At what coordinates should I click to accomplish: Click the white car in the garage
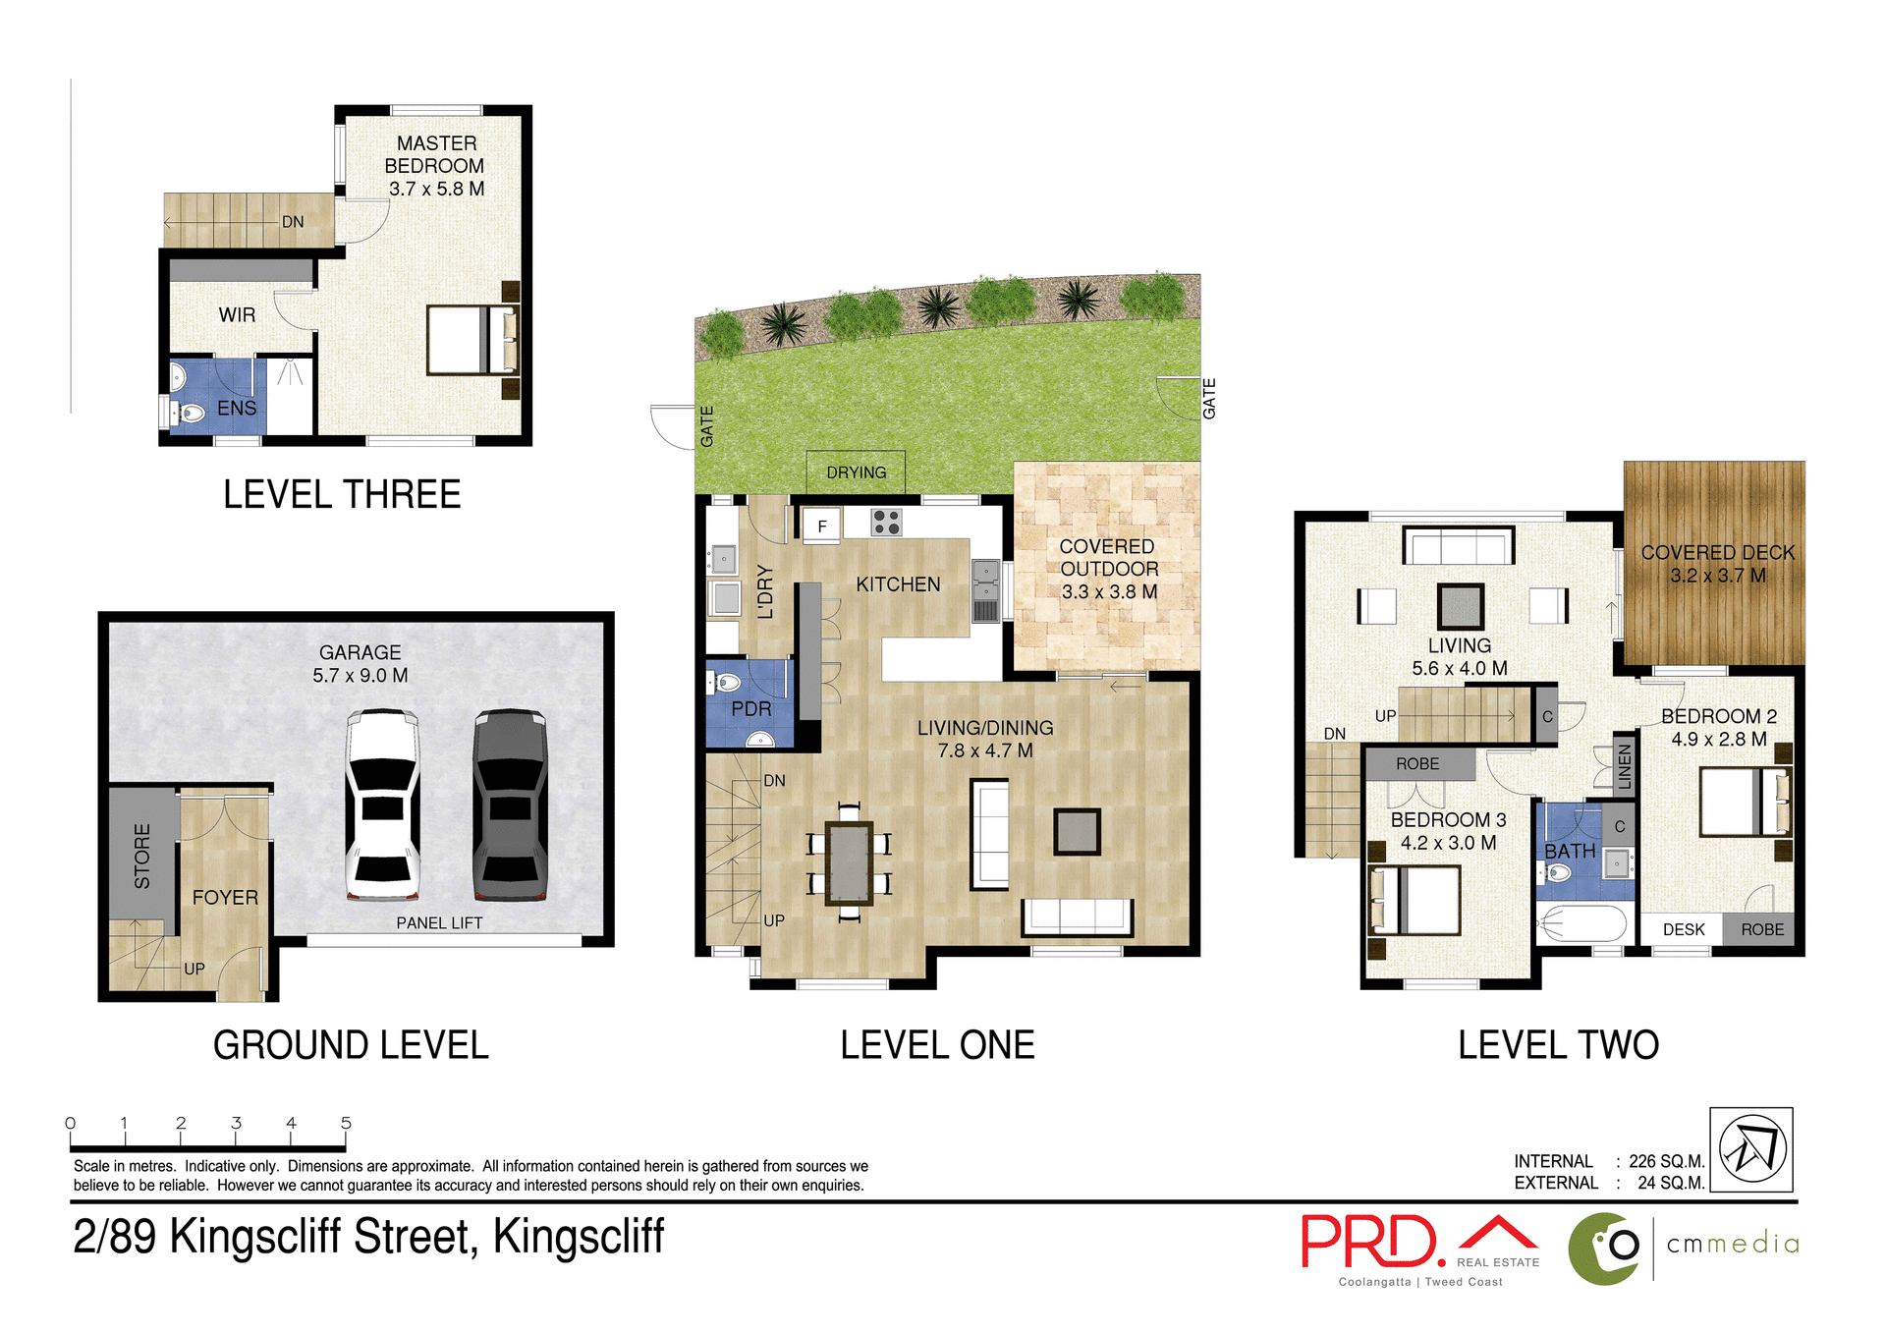coord(382,805)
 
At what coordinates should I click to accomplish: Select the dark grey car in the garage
coord(510,805)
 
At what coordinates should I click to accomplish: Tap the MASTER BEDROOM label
coord(435,154)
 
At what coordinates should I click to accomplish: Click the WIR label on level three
coord(237,315)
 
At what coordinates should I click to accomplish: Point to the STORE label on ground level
coord(142,857)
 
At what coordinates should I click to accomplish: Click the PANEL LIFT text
coord(439,923)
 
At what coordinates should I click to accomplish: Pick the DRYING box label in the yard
coord(856,472)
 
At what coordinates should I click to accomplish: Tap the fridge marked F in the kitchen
coord(822,526)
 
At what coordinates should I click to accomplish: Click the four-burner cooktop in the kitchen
coord(886,523)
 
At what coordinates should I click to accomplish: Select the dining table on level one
coord(850,862)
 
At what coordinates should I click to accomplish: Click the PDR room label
coord(751,709)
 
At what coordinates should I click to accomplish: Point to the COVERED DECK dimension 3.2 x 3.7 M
coord(1718,576)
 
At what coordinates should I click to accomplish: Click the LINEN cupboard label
coord(1625,766)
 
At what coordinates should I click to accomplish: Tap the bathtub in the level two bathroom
coord(1582,924)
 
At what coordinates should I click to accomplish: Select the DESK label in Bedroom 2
coord(1684,929)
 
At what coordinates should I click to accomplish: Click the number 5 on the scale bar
coord(346,1123)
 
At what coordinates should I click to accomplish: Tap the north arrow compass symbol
coord(1751,1149)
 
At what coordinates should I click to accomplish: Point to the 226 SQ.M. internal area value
coord(1666,1161)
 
